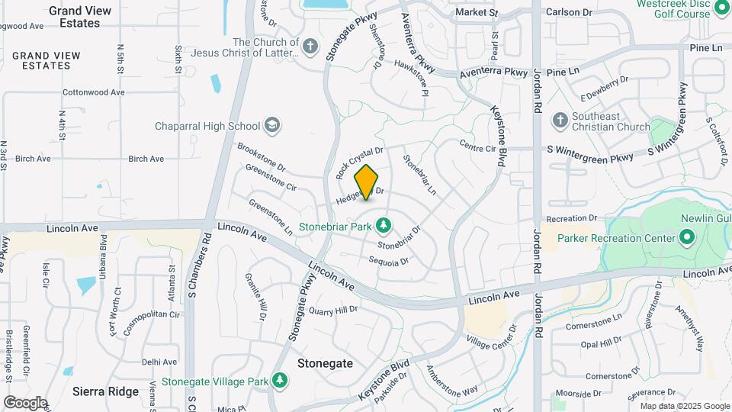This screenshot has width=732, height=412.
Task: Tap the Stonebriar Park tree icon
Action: [x=384, y=225]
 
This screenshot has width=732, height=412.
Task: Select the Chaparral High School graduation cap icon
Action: [x=271, y=125]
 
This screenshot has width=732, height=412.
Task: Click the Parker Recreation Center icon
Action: [x=686, y=238]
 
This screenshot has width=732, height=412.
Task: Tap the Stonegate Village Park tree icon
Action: [x=281, y=379]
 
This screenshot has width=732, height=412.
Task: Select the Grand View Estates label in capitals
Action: [x=47, y=61]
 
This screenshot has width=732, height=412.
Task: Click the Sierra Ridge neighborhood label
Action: [x=105, y=391]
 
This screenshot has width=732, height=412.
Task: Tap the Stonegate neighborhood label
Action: [x=326, y=363]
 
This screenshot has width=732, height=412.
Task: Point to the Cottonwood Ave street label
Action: [x=93, y=92]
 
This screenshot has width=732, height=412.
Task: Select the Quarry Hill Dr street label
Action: [x=332, y=310]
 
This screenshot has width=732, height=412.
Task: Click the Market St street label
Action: [x=477, y=13]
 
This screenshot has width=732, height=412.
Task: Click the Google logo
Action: [x=25, y=402]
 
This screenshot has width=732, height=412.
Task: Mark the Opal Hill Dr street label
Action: [x=602, y=344]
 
